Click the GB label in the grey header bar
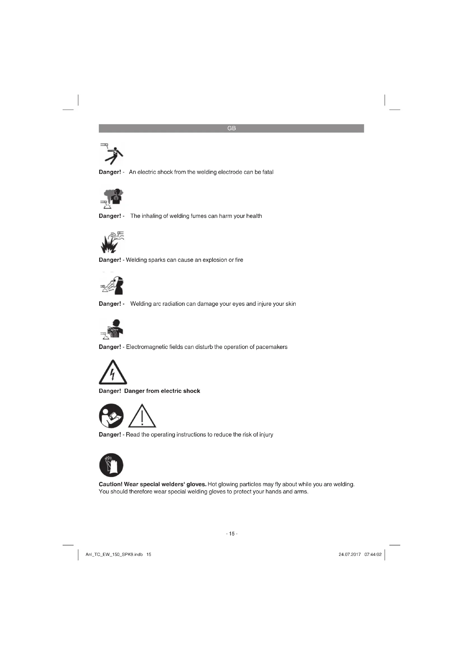point(231,128)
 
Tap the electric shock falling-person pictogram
point(112,154)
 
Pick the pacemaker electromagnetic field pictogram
point(112,329)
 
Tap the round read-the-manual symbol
point(111,416)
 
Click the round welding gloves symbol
point(111,465)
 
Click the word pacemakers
point(272,347)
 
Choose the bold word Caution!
point(111,484)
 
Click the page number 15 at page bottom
point(231,533)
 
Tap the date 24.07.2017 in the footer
point(350,554)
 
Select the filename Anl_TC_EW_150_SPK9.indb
point(114,554)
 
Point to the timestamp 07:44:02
point(373,554)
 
